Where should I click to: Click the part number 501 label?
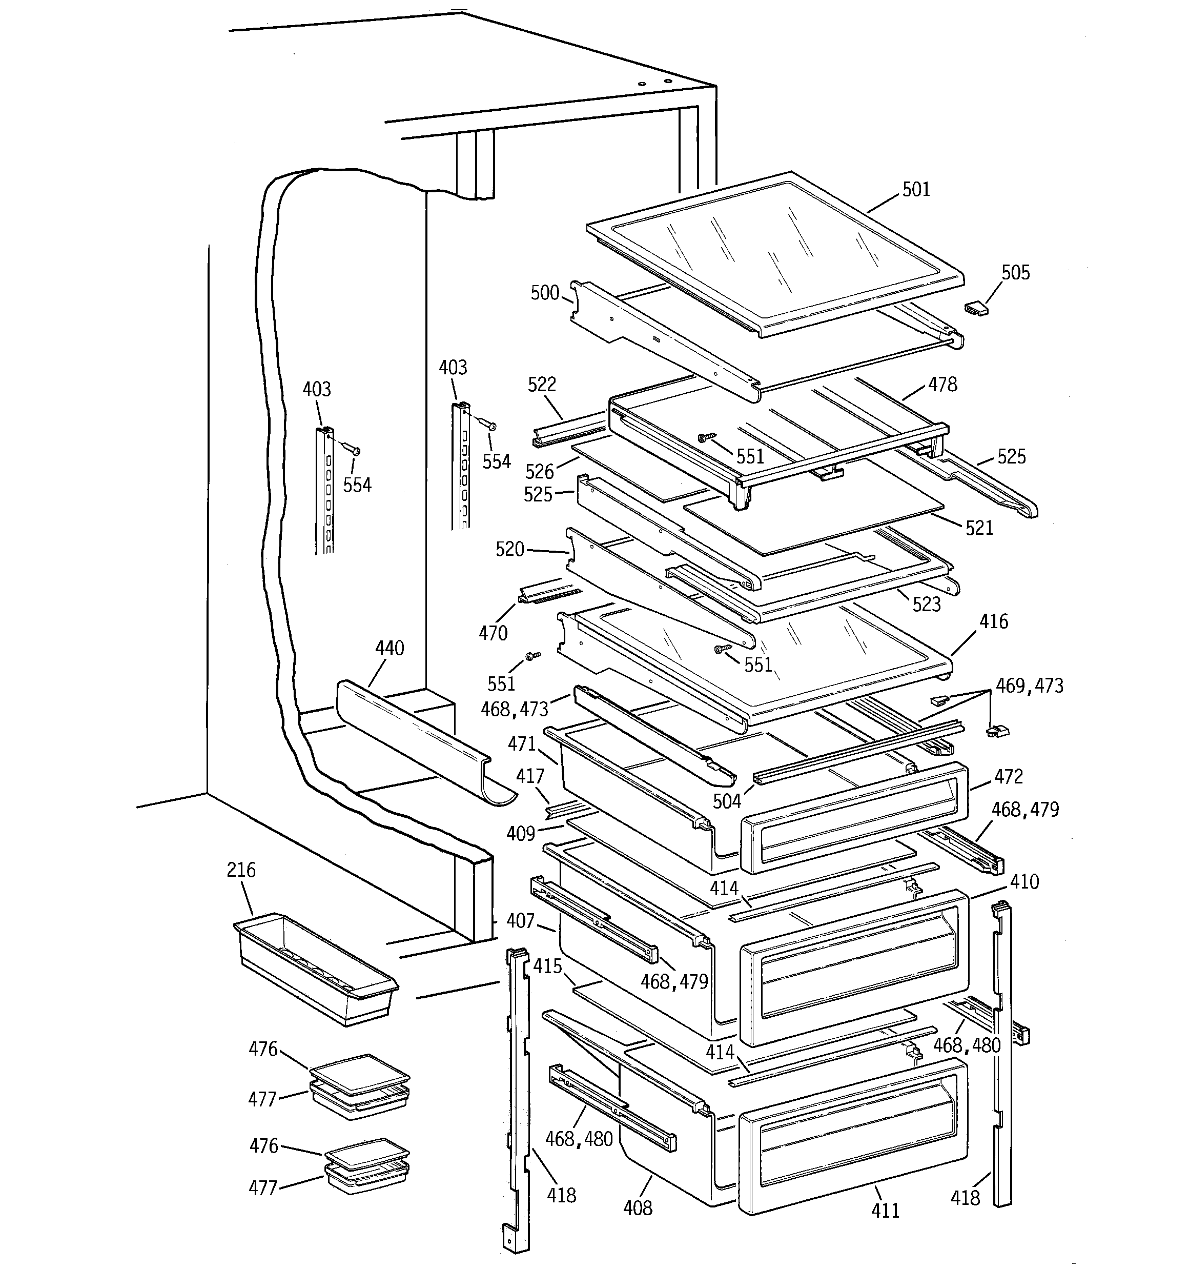(x=916, y=190)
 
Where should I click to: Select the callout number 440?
(x=389, y=649)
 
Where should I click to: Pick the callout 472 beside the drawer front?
(x=1009, y=777)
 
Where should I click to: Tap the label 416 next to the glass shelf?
(x=994, y=622)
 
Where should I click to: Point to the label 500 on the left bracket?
(x=544, y=294)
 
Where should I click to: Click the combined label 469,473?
(x=1030, y=686)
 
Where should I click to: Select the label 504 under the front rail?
(x=726, y=802)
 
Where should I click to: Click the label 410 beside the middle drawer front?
(x=1024, y=882)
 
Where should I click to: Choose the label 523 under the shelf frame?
(x=926, y=605)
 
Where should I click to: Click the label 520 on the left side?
(x=509, y=549)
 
